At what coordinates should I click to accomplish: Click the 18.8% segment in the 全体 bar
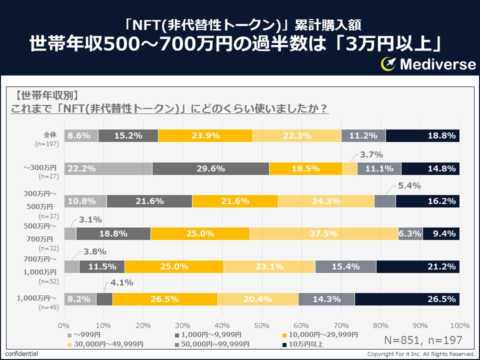(x=423, y=135)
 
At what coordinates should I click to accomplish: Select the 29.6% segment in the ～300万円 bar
(x=210, y=168)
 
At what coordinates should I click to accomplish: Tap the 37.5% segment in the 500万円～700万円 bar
(x=323, y=233)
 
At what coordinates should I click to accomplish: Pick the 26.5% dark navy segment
(x=407, y=299)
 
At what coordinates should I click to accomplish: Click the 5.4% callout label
(x=409, y=186)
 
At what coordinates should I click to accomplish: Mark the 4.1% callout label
(x=121, y=282)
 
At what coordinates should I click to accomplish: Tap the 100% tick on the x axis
(x=460, y=325)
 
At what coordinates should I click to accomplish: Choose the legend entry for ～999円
(x=87, y=334)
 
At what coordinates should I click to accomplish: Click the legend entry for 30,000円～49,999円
(x=108, y=344)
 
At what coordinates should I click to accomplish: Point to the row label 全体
(x=51, y=134)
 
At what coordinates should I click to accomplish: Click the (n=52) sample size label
(x=48, y=281)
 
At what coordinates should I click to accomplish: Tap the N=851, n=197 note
(x=423, y=340)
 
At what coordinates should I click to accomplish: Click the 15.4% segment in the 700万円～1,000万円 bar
(x=345, y=266)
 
